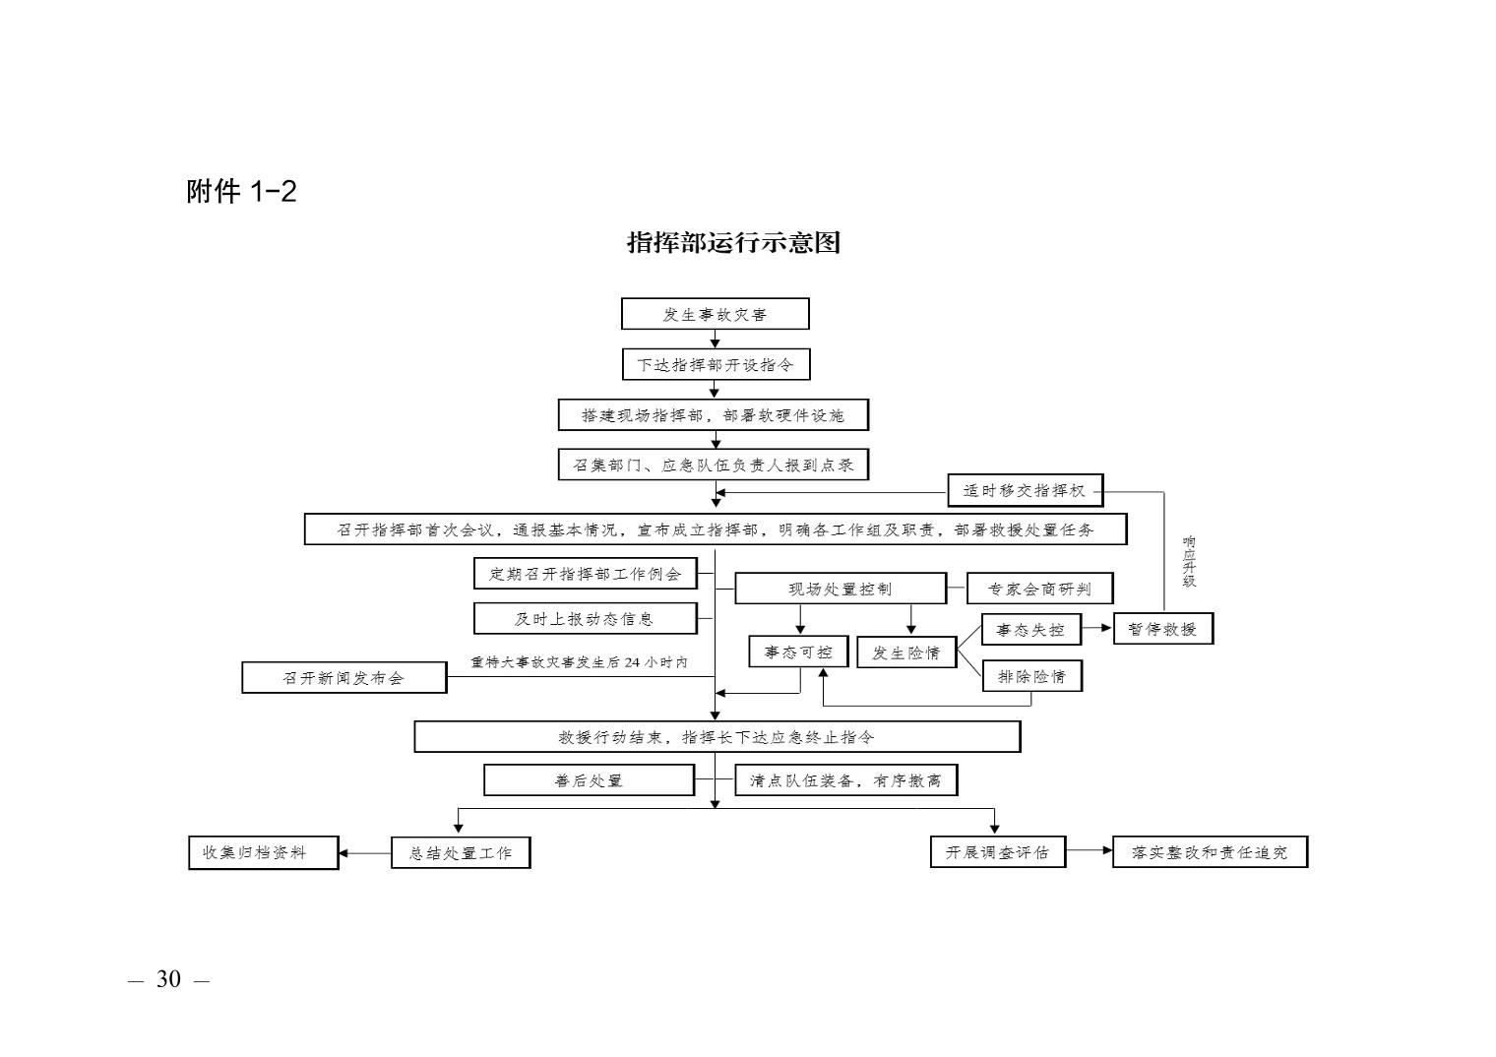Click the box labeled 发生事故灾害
(x=715, y=314)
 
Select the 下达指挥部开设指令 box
(x=716, y=364)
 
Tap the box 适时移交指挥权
(x=1026, y=491)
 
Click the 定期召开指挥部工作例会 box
(x=586, y=574)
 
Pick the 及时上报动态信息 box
(x=586, y=618)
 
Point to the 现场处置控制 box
(x=841, y=589)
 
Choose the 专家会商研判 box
(x=1040, y=589)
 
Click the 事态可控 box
(x=799, y=652)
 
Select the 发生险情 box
(x=907, y=653)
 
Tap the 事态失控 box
(x=1031, y=629)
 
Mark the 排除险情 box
(x=1032, y=676)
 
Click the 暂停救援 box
(x=1163, y=628)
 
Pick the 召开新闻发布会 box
(x=343, y=678)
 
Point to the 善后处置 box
(x=589, y=779)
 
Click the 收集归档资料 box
(x=264, y=852)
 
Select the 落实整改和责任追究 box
(x=1211, y=852)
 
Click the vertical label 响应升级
(x=1189, y=562)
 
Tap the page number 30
(x=168, y=979)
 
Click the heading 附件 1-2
(x=241, y=191)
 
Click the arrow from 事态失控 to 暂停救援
(x=1096, y=628)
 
